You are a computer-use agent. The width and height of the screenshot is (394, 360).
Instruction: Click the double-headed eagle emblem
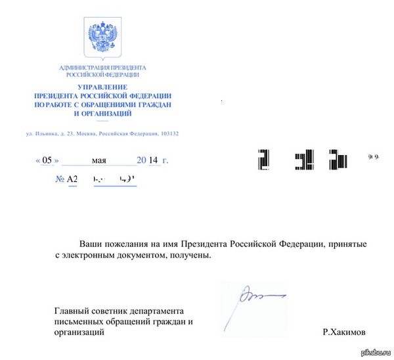pos(102,39)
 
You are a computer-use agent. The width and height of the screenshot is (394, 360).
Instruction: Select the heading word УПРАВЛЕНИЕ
pos(102,87)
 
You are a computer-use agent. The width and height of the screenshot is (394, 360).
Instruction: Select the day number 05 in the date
pos(48,160)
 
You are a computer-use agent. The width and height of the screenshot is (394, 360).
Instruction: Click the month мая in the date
pos(99,160)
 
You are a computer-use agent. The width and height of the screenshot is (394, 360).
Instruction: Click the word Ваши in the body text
pos(91,244)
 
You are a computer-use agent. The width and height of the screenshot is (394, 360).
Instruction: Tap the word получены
pos(194,256)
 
